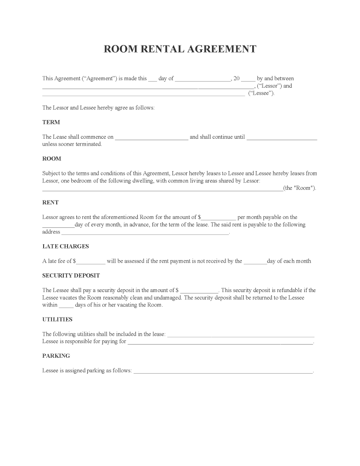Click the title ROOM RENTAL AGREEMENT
point(180,49)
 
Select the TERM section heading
point(51,122)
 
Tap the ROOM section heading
point(52,158)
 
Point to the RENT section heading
point(51,203)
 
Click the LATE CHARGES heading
point(66,246)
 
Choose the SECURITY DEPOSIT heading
point(71,275)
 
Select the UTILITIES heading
point(57,319)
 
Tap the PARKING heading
point(56,356)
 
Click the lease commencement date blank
point(151,138)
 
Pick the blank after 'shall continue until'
point(282,138)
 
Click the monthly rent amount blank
point(218,218)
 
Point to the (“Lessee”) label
point(261,93)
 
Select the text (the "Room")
point(300,188)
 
